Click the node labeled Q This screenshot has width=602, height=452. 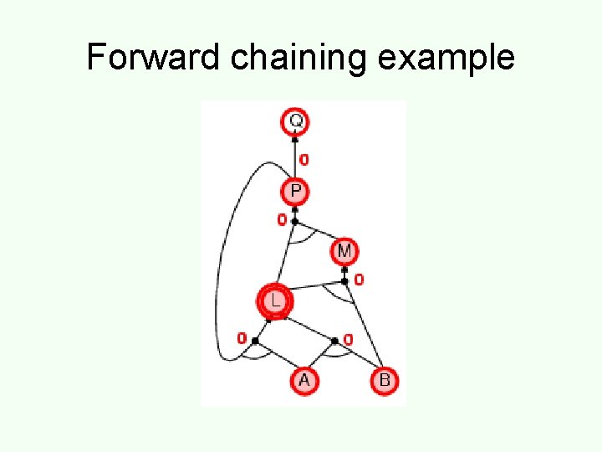[x=295, y=121]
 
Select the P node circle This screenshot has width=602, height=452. [x=295, y=193]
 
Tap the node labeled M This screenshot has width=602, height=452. [x=344, y=250]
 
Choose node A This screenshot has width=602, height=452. [x=304, y=381]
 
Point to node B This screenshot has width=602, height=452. [x=384, y=381]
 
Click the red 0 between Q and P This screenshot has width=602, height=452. [x=304, y=159]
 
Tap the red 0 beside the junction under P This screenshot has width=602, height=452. [x=282, y=220]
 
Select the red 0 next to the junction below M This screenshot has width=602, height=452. [x=359, y=280]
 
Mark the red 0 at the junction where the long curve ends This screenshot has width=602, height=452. [x=242, y=339]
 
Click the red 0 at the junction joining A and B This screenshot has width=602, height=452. [x=348, y=340]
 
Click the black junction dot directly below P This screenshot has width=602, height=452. [x=295, y=221]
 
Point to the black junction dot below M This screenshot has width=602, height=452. [x=344, y=281]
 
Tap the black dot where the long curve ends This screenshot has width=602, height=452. [x=255, y=341]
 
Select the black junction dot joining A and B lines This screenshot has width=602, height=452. [x=335, y=341]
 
